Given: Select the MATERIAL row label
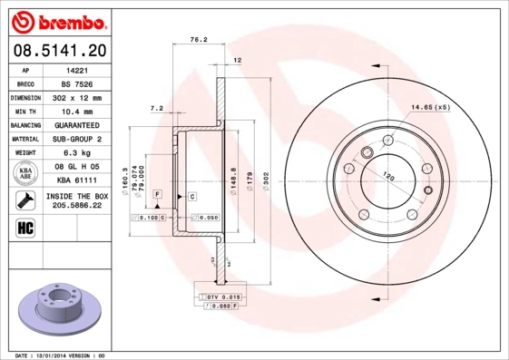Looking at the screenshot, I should tap(24, 139).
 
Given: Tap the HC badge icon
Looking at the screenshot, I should tap(25, 227).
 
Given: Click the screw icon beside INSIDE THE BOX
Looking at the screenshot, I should tap(25, 199).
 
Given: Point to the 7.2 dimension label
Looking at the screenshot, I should tap(155, 108).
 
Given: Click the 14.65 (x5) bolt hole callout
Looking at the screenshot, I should tap(430, 108).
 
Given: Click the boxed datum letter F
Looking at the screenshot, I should tap(157, 195).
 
